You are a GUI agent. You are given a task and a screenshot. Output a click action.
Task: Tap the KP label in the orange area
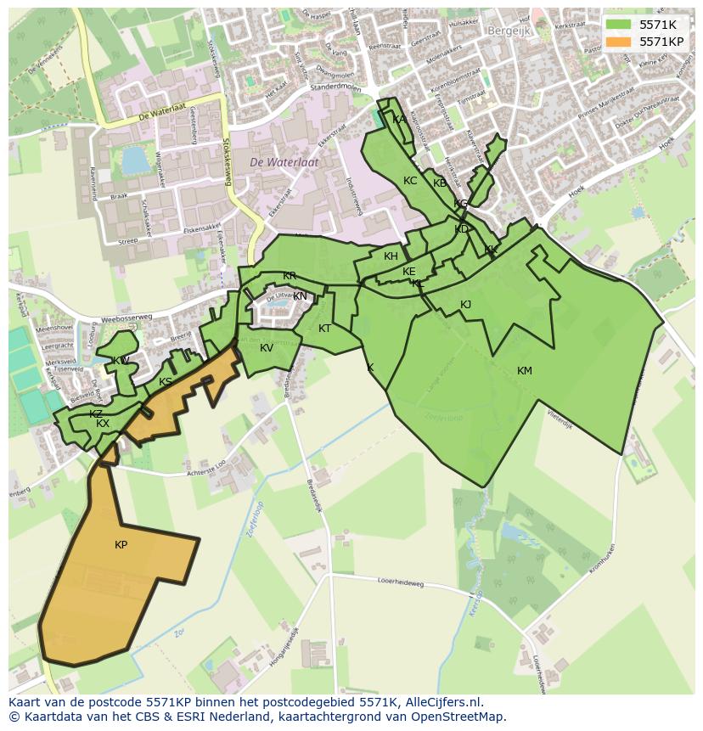121,545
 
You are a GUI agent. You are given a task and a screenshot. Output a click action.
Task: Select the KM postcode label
524,371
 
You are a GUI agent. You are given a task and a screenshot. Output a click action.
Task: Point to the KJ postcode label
465,305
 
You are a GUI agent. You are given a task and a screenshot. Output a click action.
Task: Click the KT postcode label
324,329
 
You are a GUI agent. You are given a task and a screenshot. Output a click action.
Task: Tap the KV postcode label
267,348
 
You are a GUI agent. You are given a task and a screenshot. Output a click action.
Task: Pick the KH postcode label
391,256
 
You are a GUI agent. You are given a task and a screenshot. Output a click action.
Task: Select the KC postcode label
410,181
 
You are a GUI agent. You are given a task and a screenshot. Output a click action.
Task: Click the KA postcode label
398,120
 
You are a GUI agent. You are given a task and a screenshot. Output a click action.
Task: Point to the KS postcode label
166,382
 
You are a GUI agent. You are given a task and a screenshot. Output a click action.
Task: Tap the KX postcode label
103,424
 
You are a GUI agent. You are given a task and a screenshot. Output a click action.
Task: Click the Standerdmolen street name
337,86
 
